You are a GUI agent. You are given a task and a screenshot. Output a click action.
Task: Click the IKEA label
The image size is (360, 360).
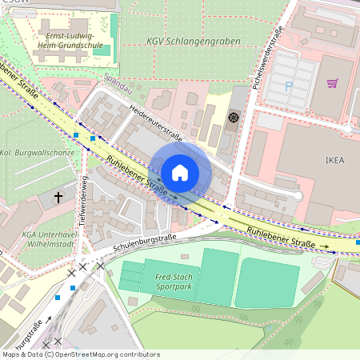point(334,159)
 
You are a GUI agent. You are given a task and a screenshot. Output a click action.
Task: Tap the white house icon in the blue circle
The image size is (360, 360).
point(180,172)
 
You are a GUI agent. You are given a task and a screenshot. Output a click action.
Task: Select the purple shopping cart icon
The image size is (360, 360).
point(332,82)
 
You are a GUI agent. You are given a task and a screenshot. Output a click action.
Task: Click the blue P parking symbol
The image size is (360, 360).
point(290,82)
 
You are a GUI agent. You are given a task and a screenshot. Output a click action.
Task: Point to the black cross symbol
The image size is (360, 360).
point(58,195)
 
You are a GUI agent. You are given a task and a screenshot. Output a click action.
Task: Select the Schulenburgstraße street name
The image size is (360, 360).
point(144,240)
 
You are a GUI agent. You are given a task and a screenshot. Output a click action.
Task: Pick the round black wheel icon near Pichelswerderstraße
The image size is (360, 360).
point(234,118)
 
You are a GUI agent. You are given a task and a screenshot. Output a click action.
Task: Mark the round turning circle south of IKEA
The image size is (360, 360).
point(297,195)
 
